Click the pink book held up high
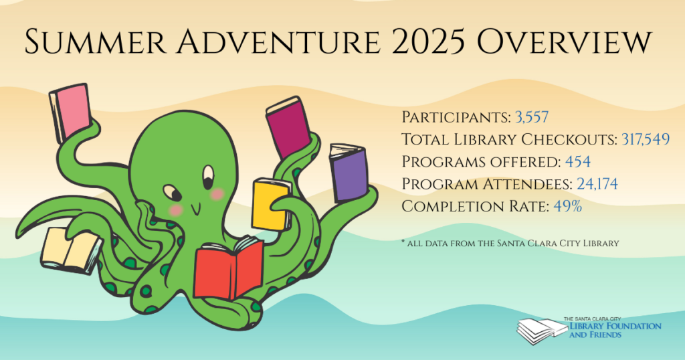pos(70,113)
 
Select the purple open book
pos(349,173)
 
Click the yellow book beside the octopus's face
pos(271,205)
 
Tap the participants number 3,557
pos(532,117)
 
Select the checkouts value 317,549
pos(646,139)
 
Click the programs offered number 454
pos(577,162)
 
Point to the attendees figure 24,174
pos(597,184)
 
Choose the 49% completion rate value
pos(567,206)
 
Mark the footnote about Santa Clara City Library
pos(510,243)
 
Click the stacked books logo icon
pos(542,331)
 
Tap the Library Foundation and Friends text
pos(615,331)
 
